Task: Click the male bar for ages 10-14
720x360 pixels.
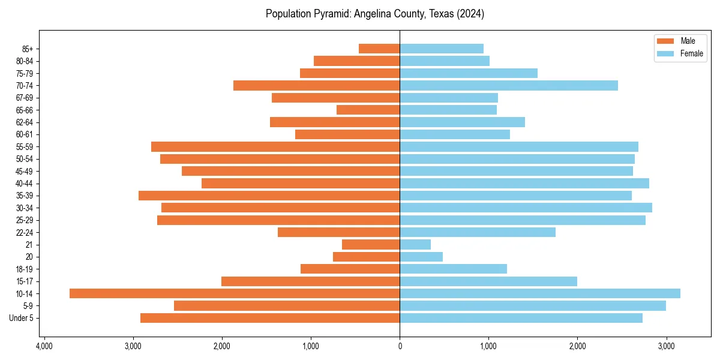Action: (x=235, y=293)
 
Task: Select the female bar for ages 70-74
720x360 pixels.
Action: (x=509, y=86)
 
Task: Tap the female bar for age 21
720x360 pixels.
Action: (x=415, y=245)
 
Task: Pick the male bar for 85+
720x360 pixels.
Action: (x=379, y=49)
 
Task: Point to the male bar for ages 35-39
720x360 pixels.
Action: (x=269, y=196)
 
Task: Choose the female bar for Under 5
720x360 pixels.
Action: (x=521, y=318)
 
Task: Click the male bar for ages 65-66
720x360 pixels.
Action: (x=368, y=110)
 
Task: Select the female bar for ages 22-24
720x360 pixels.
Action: (x=478, y=232)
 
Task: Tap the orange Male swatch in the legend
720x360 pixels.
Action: (x=666, y=41)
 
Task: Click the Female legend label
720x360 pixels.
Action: (x=691, y=53)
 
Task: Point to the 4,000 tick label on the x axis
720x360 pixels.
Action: (x=44, y=346)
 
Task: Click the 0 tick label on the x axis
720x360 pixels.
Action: (x=400, y=346)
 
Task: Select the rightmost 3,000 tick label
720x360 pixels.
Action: (x=666, y=346)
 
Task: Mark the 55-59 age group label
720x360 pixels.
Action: (x=24, y=147)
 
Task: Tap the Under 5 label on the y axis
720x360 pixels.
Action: (x=21, y=318)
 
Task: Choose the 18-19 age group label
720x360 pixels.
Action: (x=24, y=269)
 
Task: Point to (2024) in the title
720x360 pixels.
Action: (x=469, y=14)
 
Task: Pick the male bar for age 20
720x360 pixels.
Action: (x=366, y=257)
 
